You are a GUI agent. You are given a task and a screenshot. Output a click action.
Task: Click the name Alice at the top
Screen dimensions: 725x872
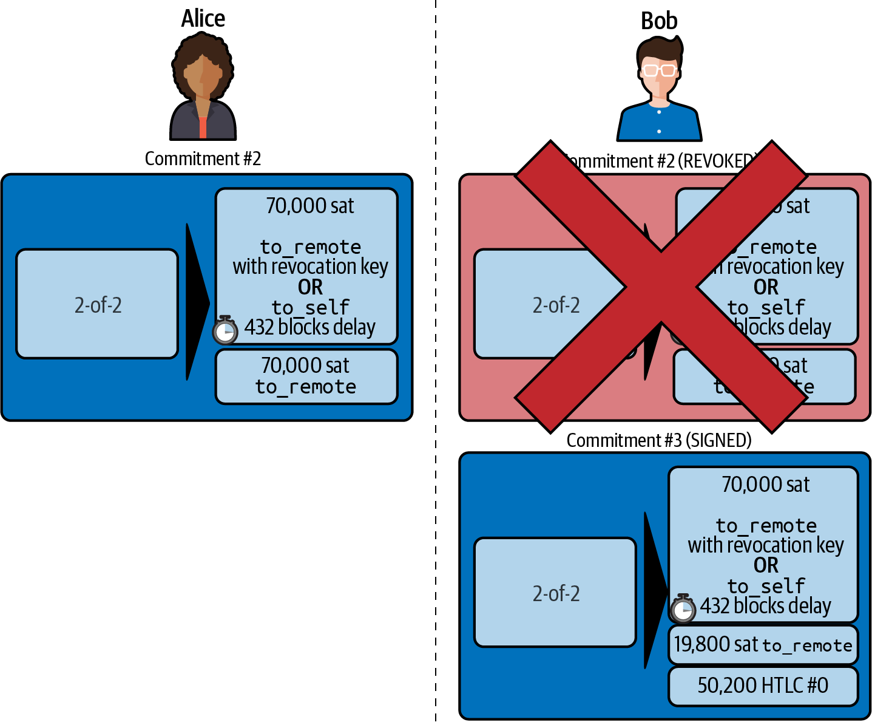click(x=203, y=19)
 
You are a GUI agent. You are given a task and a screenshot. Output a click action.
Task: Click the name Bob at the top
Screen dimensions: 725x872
click(x=659, y=21)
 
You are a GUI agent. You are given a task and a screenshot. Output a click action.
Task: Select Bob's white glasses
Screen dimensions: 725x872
click(x=659, y=70)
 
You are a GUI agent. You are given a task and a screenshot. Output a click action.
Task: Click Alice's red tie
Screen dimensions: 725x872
click(x=203, y=127)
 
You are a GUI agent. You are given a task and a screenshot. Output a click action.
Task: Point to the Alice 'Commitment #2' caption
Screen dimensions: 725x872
click(x=203, y=159)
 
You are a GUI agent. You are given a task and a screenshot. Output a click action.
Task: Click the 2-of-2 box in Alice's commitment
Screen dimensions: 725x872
click(x=98, y=304)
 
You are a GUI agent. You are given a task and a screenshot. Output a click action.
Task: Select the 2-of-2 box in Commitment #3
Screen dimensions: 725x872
click(x=555, y=593)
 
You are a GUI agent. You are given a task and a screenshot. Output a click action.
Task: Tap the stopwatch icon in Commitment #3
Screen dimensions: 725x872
click(x=683, y=608)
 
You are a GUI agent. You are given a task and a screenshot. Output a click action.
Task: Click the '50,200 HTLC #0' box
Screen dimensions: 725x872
click(x=763, y=686)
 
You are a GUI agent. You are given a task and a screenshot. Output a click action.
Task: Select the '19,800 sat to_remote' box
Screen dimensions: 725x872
click(x=763, y=644)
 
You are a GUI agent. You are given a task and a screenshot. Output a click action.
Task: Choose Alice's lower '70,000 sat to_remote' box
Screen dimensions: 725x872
click(x=306, y=376)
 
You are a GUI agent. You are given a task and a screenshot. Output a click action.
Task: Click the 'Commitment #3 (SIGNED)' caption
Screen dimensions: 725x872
click(x=659, y=440)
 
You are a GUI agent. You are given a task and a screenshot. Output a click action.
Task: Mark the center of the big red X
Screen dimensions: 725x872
click(x=660, y=287)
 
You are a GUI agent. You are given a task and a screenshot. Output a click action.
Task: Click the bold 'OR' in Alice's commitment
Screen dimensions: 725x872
click(x=310, y=287)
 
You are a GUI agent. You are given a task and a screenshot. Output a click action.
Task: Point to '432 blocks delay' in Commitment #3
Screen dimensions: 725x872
click(x=766, y=606)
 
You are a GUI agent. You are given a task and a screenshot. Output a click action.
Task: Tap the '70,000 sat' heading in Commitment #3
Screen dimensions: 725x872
click(x=766, y=485)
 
